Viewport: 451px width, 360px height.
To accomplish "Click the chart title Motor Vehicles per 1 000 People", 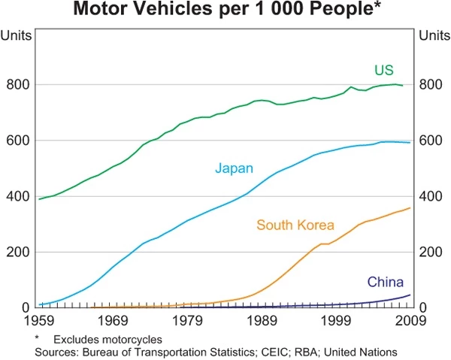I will tap(225, 11).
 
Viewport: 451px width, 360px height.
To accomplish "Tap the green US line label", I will tap(384, 70).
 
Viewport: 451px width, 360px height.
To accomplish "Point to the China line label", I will tap(385, 282).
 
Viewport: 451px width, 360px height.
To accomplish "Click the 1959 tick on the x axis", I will tap(38, 321).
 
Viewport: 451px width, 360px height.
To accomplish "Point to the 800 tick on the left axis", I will tap(17, 85).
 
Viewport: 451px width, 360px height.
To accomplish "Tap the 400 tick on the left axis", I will tap(17, 196).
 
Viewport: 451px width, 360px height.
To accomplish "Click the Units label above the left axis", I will tap(16, 35).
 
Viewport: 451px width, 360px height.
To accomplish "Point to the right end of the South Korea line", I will tap(410, 207).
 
